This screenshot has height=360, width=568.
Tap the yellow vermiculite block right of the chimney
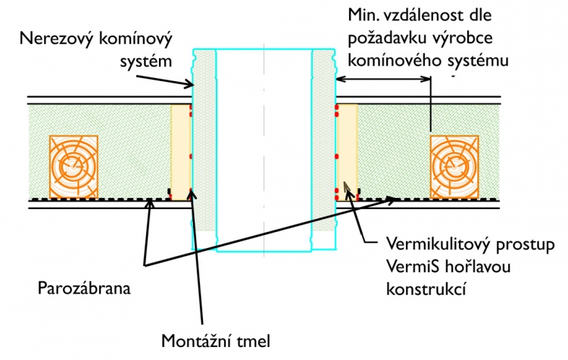click(347, 152)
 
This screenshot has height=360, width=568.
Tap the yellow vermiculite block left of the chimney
click(180, 152)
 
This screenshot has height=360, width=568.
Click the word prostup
click(523, 246)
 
